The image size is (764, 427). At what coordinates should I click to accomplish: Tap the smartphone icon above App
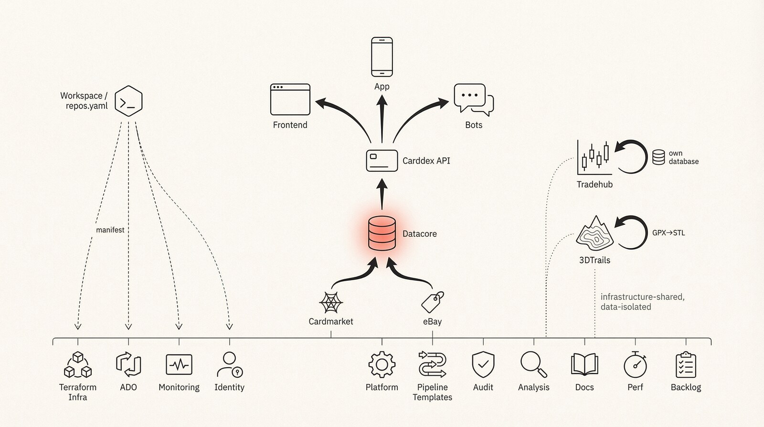[x=382, y=57]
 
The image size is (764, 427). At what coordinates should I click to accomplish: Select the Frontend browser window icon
[x=290, y=99]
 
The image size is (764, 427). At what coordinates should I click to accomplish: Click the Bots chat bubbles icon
[x=473, y=99]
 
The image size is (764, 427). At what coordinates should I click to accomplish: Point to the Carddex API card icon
[x=382, y=161]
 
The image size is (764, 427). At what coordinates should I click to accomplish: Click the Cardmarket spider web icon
[x=330, y=303]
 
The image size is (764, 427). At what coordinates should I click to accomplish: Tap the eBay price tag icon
[x=433, y=302]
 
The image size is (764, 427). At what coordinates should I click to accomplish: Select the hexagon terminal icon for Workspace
[x=128, y=101]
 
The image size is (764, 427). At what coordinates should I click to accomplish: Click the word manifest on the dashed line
[x=110, y=230]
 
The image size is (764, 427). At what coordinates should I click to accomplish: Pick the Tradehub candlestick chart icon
[x=594, y=157]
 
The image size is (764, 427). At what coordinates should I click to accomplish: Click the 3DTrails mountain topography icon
[x=594, y=234]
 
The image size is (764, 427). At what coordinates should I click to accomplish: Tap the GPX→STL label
[x=668, y=233]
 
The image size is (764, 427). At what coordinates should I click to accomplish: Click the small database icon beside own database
[x=658, y=157]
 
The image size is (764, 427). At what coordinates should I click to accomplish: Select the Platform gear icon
[x=382, y=365]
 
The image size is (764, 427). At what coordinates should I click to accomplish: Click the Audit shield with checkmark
[x=483, y=365]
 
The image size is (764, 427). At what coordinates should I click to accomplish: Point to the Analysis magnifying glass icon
[x=533, y=364]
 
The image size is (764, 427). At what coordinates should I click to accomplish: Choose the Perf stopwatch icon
[x=635, y=365]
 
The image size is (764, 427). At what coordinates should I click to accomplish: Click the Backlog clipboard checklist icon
[x=686, y=365]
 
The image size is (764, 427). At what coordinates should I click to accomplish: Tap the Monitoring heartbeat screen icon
[x=179, y=365]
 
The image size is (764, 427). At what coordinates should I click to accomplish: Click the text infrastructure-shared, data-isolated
[x=642, y=302]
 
